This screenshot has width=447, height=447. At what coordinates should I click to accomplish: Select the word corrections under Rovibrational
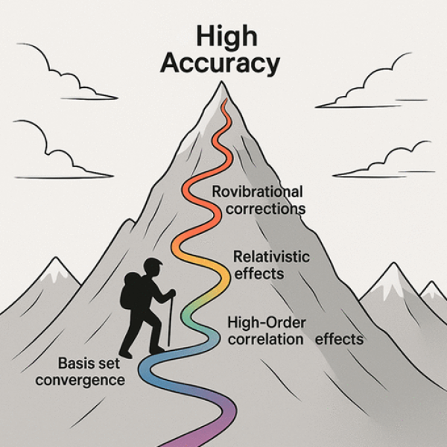click(x=259, y=209)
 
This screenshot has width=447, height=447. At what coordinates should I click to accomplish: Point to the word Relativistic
click(x=267, y=257)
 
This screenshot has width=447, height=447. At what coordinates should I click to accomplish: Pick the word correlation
click(x=263, y=340)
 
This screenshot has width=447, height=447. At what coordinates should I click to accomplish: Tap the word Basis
click(x=75, y=364)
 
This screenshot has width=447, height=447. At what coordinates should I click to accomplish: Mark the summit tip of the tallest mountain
click(x=221, y=83)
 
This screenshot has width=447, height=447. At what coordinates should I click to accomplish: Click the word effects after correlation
click(x=339, y=340)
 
